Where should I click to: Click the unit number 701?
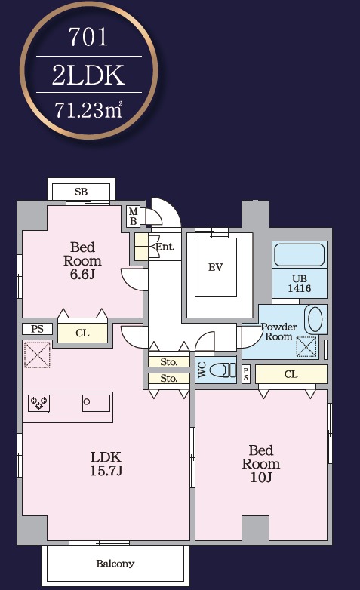88,37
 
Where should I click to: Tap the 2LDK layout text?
88,75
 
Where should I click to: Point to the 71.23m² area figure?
88,110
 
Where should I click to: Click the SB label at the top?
81,192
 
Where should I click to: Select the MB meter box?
133,217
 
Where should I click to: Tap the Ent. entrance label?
165,247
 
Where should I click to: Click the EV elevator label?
215,267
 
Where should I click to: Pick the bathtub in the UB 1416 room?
300,255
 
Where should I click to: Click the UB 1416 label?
300,284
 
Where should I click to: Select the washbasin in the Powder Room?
315,319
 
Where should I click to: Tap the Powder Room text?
278,331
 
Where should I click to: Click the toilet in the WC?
222,370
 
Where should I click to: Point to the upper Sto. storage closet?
169,361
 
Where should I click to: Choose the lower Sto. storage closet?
169,378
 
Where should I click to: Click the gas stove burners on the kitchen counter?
38,403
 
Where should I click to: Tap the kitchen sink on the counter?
97,403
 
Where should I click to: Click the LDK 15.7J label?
106,463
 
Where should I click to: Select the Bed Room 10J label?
261,463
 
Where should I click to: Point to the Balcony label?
115,564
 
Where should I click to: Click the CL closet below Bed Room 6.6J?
82,333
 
